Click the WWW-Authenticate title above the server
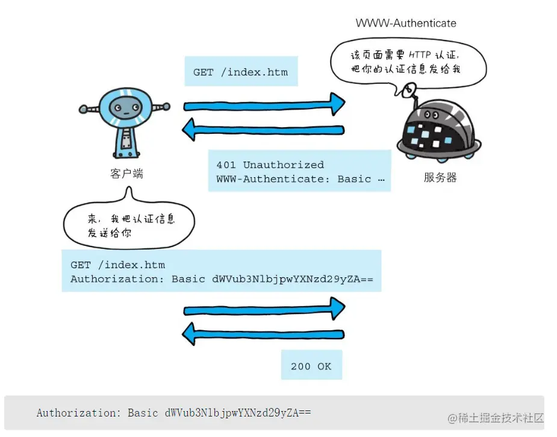coord(406,24)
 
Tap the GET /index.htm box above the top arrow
coord(240,72)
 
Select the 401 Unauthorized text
coord(270,165)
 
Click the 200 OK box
coord(311,366)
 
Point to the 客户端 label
coord(126,174)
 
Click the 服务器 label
coord(440,178)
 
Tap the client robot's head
coord(125,109)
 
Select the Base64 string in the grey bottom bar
coord(238,413)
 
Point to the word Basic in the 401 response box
coord(354,179)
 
